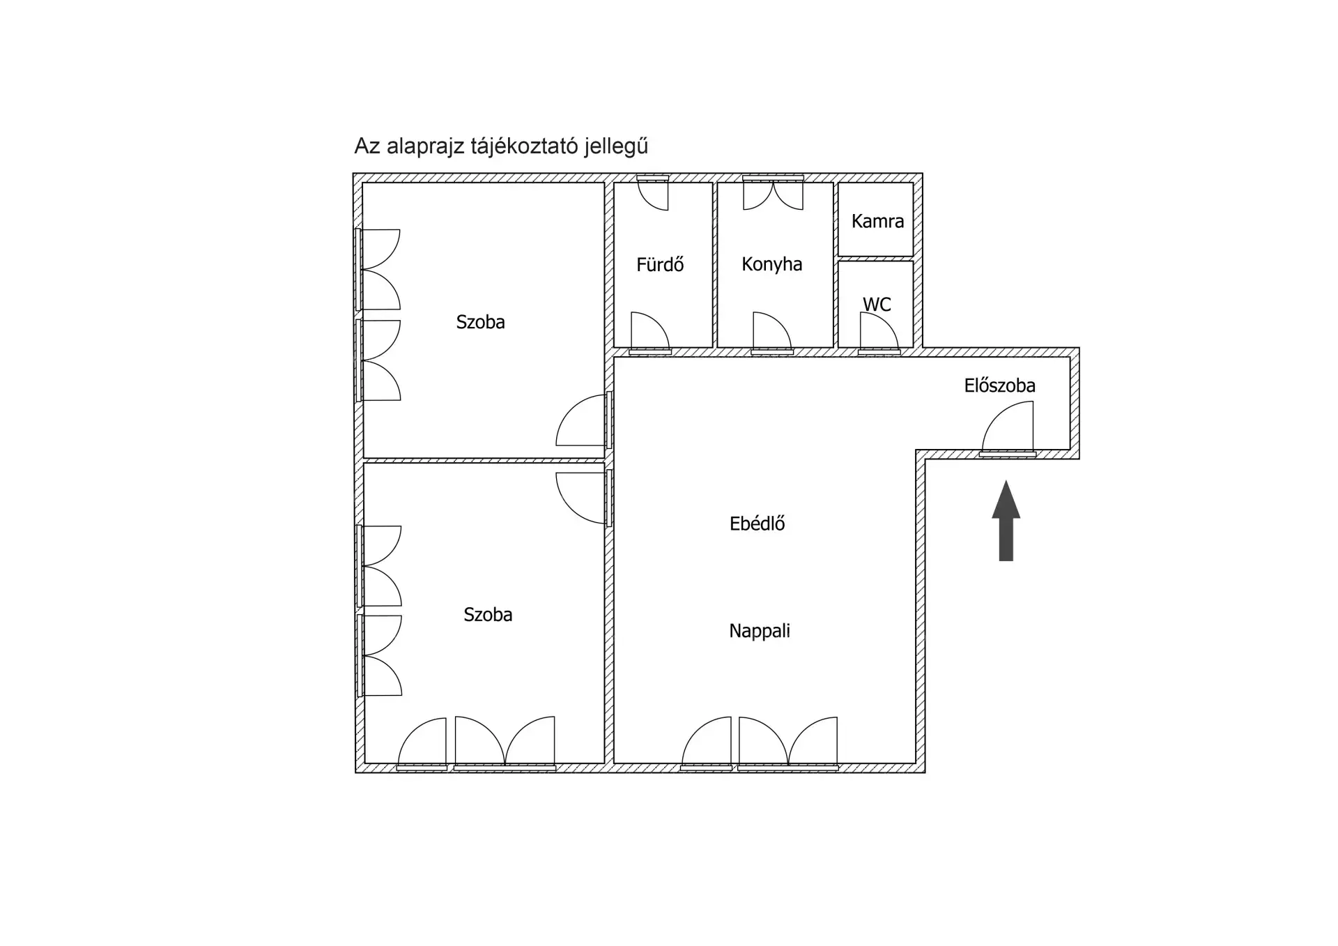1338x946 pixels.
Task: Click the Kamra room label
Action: [877, 221]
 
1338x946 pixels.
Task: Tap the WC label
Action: [877, 305]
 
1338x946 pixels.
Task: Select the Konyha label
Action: [771, 264]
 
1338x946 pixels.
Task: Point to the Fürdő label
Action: [660, 264]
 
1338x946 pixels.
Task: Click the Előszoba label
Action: [999, 386]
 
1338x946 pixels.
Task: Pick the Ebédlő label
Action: [757, 524]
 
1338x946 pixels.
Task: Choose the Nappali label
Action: [760, 631]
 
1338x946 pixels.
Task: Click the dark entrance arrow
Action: [1006, 521]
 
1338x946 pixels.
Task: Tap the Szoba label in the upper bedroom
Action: [480, 322]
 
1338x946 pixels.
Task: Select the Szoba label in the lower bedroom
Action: [488, 614]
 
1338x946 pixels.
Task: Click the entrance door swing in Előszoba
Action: [1007, 429]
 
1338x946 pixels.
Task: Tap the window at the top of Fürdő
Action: [653, 193]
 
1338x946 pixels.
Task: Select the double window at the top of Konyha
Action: [773, 193]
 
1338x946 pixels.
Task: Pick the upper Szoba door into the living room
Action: [583, 420]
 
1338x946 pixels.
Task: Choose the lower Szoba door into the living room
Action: [583, 498]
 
